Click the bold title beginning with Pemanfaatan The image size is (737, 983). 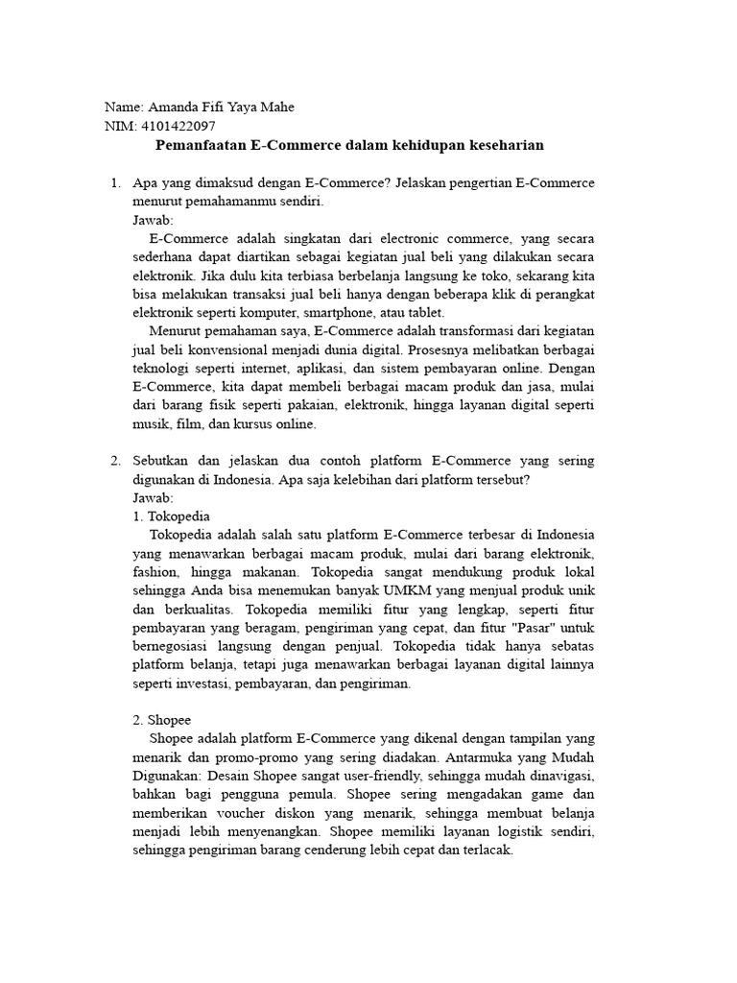click(x=349, y=145)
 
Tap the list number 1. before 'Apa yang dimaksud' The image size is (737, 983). click(x=114, y=182)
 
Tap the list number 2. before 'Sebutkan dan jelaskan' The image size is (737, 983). click(x=114, y=461)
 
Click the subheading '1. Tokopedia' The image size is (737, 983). click(x=171, y=515)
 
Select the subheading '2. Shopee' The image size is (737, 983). click(x=162, y=720)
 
